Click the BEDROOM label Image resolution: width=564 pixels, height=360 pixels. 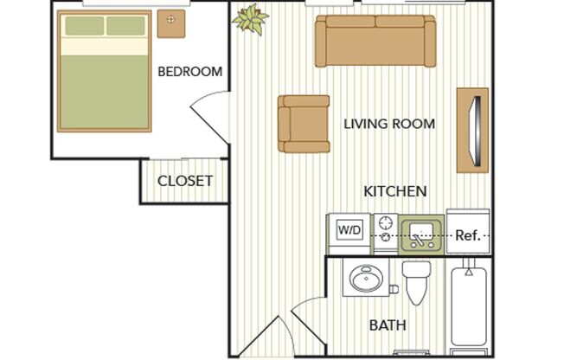(x=189, y=72)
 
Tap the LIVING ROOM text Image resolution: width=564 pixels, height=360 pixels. (x=389, y=124)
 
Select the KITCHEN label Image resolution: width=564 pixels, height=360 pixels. (x=394, y=190)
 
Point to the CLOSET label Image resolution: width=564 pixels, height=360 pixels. (x=184, y=181)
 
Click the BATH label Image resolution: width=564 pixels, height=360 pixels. (x=388, y=326)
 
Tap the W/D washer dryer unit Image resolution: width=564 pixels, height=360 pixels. (x=349, y=231)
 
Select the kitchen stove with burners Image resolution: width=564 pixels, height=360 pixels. (x=385, y=229)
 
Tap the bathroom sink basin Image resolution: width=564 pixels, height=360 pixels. (x=366, y=280)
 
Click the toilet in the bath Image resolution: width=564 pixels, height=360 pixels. (x=416, y=282)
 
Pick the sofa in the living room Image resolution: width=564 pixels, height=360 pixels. (x=375, y=41)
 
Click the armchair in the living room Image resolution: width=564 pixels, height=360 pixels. (x=303, y=123)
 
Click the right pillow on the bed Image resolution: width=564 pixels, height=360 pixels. (x=126, y=25)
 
